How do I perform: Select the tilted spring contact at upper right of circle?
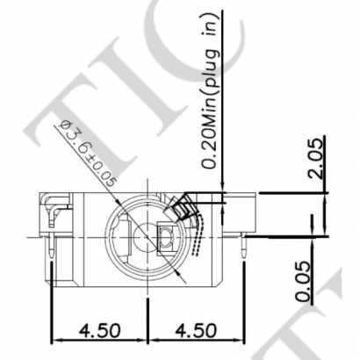click(187, 207)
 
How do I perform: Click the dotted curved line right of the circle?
click(202, 233)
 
